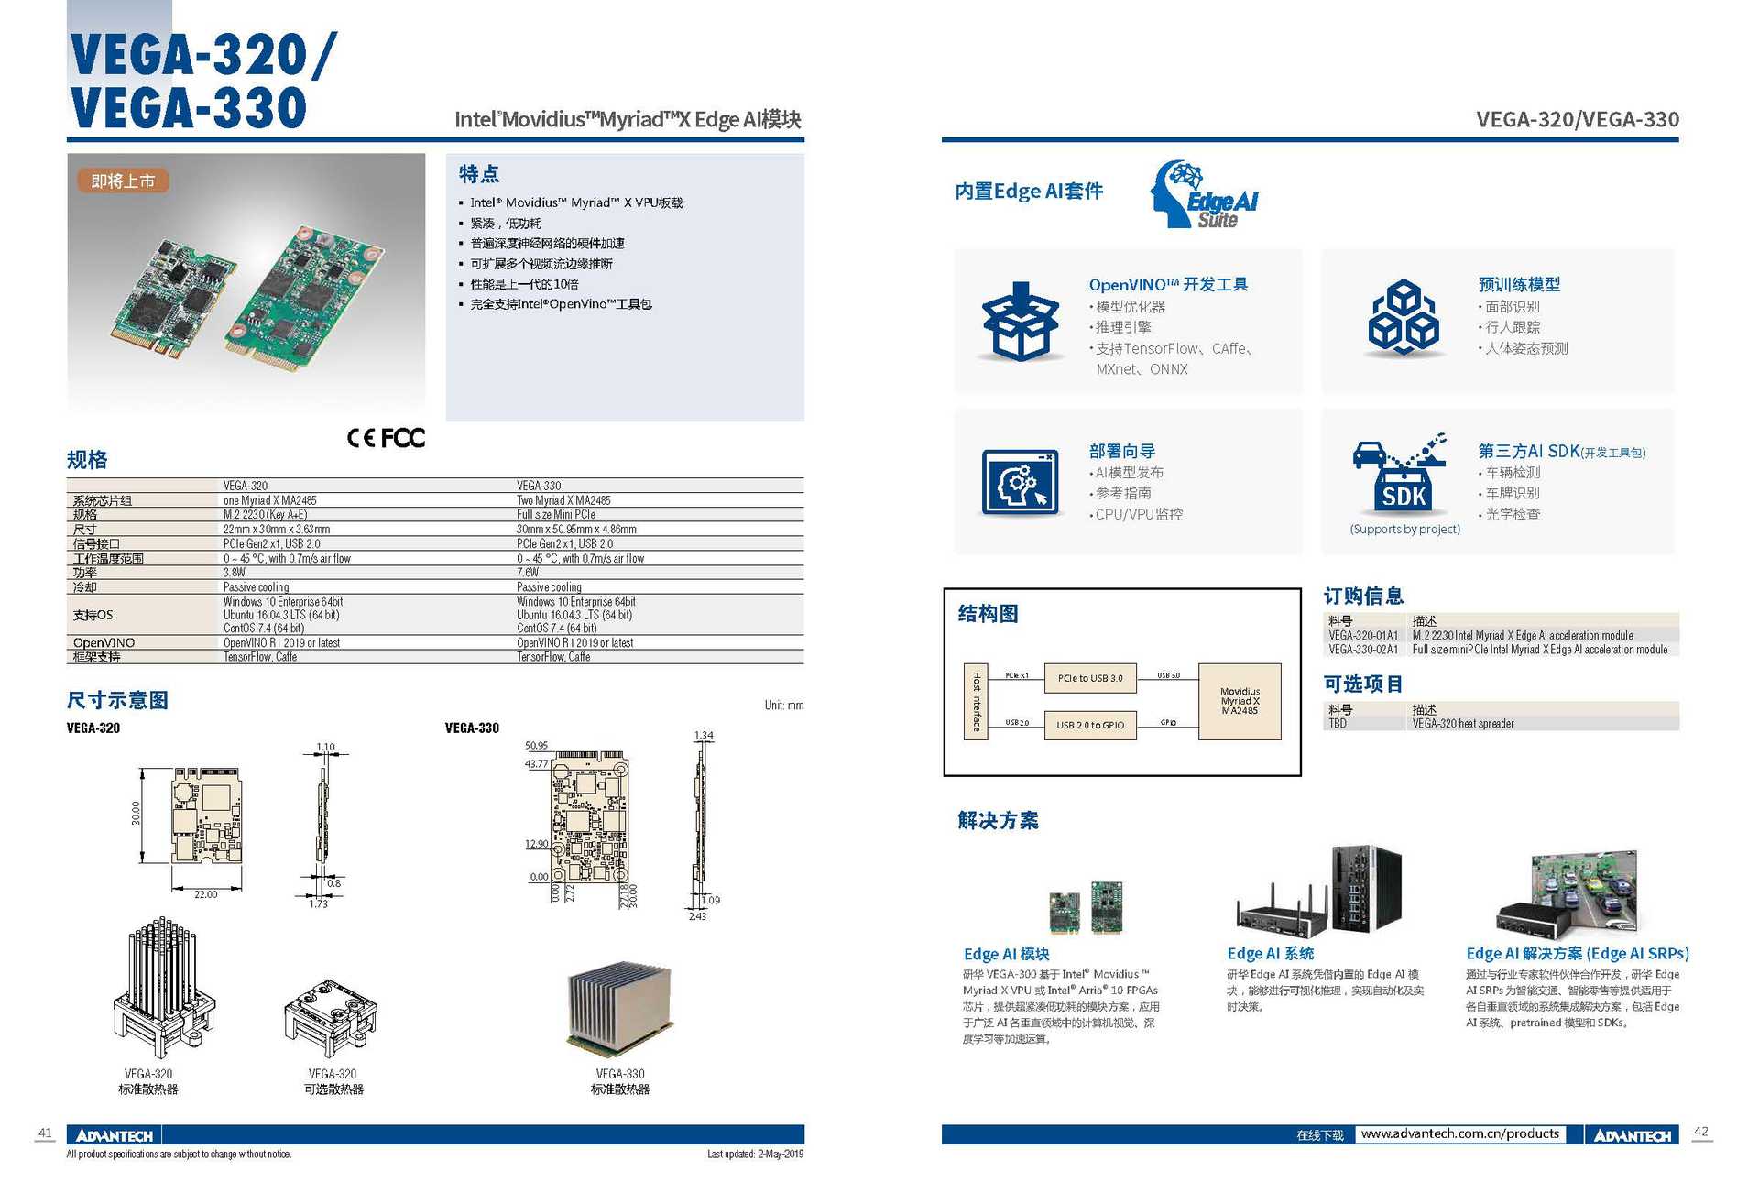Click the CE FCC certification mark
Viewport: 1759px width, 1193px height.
click(386, 438)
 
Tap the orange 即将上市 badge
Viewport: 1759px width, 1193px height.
click(123, 181)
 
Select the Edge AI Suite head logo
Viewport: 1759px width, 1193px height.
click(1204, 194)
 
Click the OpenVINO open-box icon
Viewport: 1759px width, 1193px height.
click(1020, 322)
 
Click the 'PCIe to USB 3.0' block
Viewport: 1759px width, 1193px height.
click(1089, 678)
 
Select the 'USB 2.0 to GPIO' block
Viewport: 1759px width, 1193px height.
click(1089, 725)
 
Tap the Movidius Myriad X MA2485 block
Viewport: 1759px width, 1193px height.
click(1240, 701)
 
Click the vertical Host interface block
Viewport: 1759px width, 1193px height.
click(976, 701)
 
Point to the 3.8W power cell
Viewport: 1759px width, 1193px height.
click(235, 573)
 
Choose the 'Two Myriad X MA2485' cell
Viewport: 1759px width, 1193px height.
click(563, 500)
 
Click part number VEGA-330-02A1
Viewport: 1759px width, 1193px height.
click(1363, 650)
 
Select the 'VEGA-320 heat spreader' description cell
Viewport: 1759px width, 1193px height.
click(1463, 724)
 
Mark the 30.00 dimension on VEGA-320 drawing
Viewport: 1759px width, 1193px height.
click(136, 814)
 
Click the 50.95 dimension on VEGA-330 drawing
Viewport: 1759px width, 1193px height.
click(536, 746)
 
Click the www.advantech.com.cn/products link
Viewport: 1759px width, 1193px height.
click(1459, 1134)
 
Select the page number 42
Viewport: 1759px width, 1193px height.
click(1700, 1132)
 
